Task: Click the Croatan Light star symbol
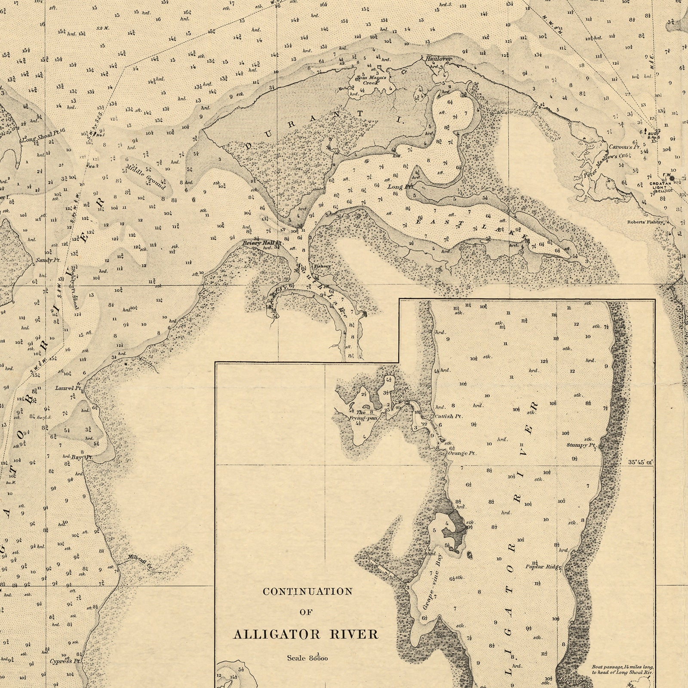[672, 178]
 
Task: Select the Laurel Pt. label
[68, 388]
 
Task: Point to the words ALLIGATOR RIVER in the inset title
[305, 634]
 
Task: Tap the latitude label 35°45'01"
[640, 462]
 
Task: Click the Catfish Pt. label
[448, 416]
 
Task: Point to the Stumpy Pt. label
[581, 445]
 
